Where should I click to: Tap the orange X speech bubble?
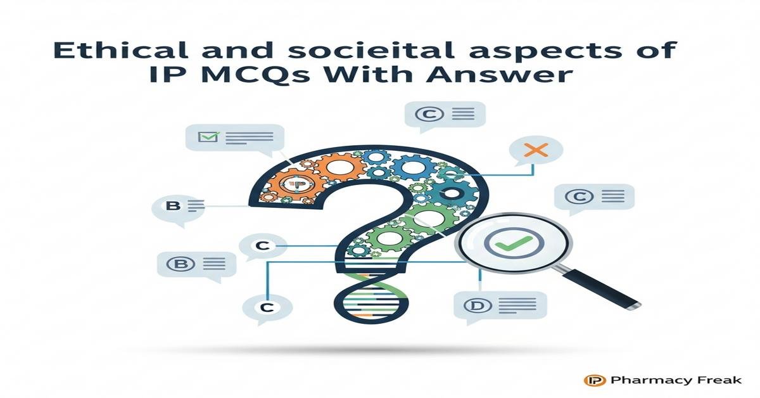[536, 151]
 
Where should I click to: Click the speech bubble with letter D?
[500, 306]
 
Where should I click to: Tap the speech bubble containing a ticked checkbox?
[234, 138]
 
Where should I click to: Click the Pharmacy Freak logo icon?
[592, 380]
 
